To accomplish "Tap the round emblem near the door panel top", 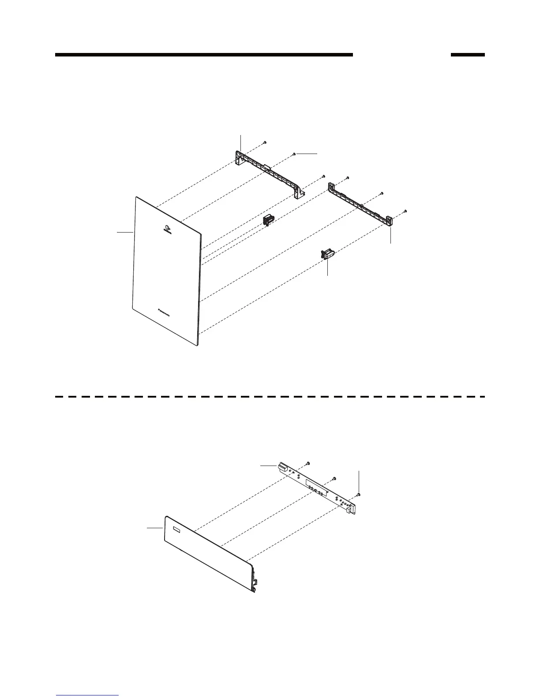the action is [167, 229].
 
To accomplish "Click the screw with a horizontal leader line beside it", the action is [294, 154].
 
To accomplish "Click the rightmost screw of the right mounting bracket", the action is [405, 211].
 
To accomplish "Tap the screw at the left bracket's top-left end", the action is [264, 143].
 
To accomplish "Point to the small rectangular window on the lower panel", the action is [176, 529].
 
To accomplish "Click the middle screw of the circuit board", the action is [334, 478].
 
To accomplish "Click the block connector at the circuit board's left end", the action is [282, 467].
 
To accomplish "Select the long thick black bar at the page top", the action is [204, 55].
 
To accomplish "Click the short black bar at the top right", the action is [467, 55].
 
